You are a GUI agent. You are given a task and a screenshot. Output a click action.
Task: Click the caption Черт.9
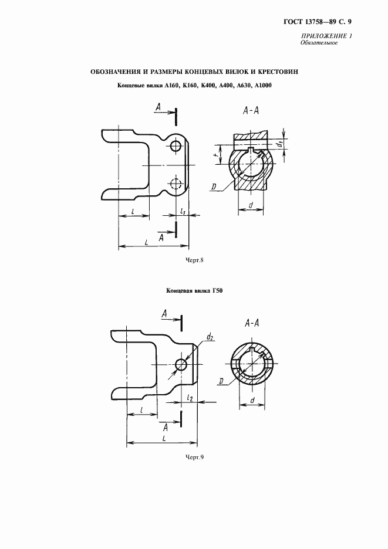tap(194, 457)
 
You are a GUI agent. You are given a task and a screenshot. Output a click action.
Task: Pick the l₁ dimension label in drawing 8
tap(184, 211)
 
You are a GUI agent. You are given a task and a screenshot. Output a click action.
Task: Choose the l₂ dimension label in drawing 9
tap(190, 398)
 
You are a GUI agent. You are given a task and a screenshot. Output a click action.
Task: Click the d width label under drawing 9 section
tap(251, 401)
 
